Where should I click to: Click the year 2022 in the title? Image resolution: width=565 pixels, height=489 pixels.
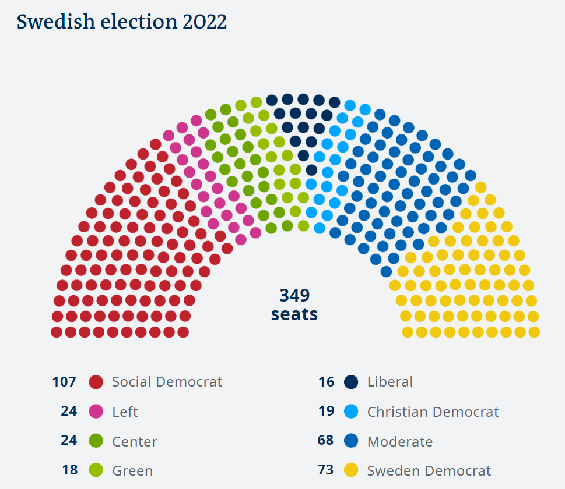click(203, 22)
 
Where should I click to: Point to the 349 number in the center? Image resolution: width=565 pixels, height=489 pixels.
click(294, 296)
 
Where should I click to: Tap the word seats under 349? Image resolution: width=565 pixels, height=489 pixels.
click(294, 314)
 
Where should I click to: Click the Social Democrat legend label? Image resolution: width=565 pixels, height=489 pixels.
click(167, 382)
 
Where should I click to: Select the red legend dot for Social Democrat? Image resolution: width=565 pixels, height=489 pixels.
click(96, 382)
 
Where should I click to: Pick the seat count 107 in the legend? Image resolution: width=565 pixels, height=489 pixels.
click(64, 382)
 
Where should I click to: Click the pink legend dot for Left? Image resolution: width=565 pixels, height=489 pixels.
click(96, 412)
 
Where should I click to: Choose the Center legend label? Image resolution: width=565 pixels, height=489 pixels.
click(135, 441)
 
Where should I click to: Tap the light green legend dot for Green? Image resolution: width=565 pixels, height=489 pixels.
click(96, 470)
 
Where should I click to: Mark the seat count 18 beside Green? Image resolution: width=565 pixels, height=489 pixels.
click(70, 470)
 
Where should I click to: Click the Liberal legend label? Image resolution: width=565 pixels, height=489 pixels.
click(390, 382)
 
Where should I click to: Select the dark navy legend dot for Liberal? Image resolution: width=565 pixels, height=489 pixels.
click(351, 382)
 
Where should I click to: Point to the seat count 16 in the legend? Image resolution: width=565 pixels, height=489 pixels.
click(327, 382)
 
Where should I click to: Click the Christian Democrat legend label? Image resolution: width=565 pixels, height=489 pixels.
click(433, 412)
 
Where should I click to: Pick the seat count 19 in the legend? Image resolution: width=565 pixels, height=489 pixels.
click(327, 411)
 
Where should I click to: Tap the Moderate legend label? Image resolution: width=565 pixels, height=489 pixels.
click(400, 441)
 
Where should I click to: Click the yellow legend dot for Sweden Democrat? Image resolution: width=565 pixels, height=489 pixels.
click(351, 470)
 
